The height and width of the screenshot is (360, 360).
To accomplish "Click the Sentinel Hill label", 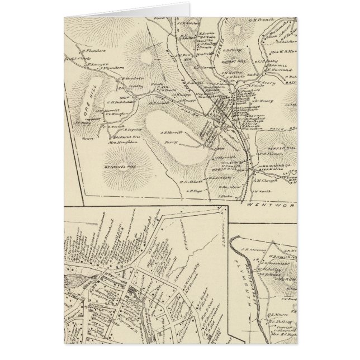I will tap(117, 167).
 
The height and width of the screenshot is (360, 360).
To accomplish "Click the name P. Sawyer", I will tap(96, 65).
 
